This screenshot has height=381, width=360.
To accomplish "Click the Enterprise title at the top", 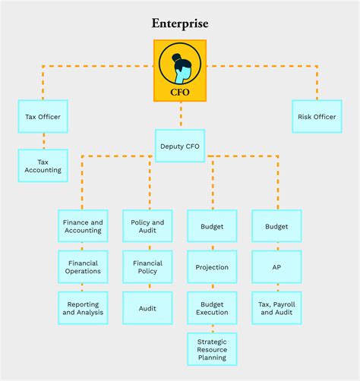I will coord(180,24).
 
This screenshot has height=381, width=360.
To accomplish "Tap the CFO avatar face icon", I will coord(180,64).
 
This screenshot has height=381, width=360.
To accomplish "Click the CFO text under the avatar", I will coord(180,93).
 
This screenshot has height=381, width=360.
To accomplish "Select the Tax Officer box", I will coord(43,117).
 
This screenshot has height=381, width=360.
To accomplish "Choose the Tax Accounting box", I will coord(43,165).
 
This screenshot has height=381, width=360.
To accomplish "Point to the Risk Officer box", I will coord(317,117).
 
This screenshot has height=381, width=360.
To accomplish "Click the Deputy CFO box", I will coord(180,146).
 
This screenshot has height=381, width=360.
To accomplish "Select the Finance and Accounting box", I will coord(83,226).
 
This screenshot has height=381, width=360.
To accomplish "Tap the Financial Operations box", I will coord(83,267).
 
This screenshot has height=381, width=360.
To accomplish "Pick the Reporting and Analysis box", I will coord(83,308).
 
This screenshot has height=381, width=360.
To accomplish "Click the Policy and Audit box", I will coord(147,226).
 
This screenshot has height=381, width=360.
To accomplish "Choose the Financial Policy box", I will coord(147,267).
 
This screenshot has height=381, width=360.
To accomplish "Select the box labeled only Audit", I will coord(147,308).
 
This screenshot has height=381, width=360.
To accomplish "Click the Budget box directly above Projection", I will coord(212,226).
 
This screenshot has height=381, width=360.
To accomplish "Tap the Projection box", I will coord(212,267).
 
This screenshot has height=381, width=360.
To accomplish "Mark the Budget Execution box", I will coord(212,308).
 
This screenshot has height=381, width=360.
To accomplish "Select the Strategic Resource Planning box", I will coord(212,349).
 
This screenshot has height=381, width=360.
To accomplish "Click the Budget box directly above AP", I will coord(276,226).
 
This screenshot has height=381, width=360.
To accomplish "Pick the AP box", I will coord(276,267).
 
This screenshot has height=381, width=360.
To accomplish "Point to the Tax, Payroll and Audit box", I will coord(276,308).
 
